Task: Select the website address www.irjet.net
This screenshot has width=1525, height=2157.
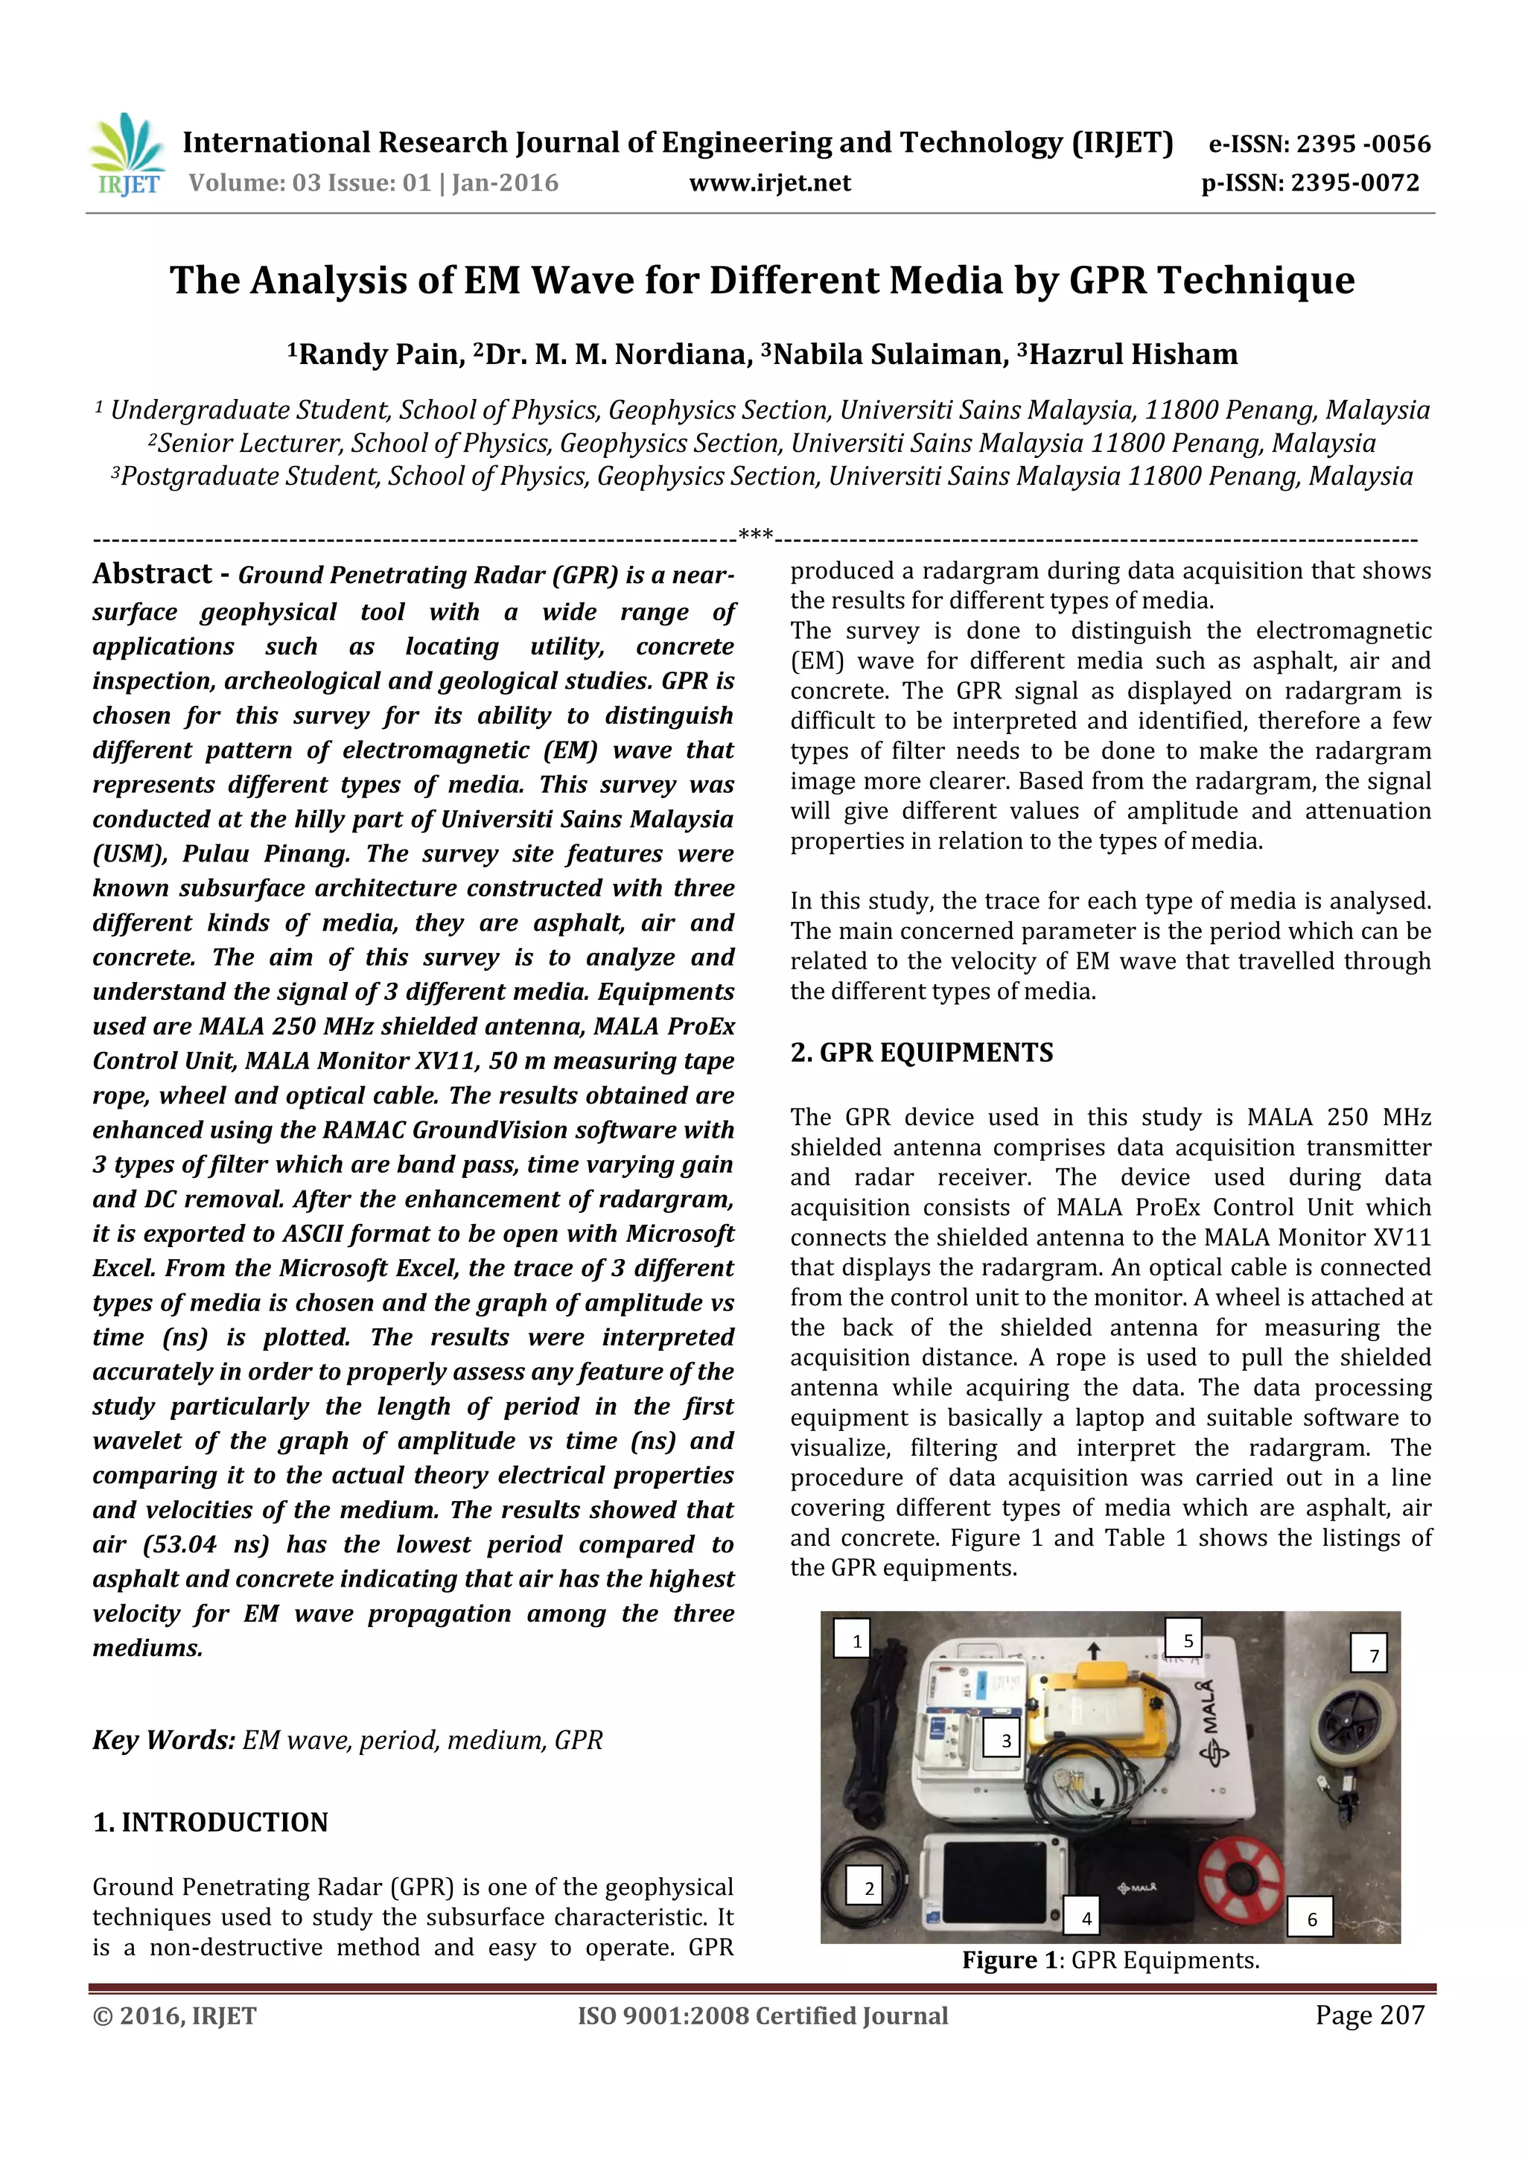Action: click(769, 183)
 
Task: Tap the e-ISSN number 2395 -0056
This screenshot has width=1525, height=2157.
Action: click(1363, 144)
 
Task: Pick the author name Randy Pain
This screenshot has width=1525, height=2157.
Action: click(380, 354)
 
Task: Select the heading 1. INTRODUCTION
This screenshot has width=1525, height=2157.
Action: click(211, 1823)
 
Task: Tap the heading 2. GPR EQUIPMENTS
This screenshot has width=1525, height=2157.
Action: click(921, 1052)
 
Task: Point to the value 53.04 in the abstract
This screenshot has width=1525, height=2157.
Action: click(182, 1544)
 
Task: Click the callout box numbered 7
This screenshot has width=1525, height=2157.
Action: click(1373, 1656)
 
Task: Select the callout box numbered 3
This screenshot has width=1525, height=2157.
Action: click(1005, 1740)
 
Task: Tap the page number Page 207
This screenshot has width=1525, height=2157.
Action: click(1369, 2015)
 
